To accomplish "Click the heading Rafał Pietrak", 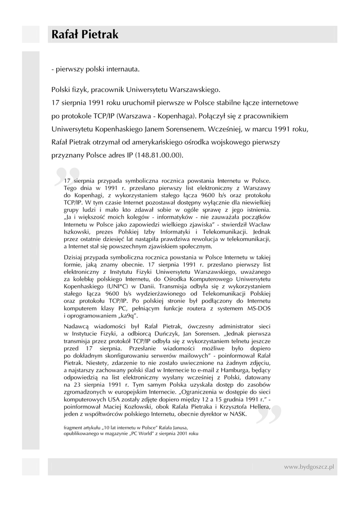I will coord(85,35).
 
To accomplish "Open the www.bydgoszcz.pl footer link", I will coord(308,467).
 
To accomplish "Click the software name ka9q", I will coord(128,316).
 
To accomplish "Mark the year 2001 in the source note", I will coord(182,433).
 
